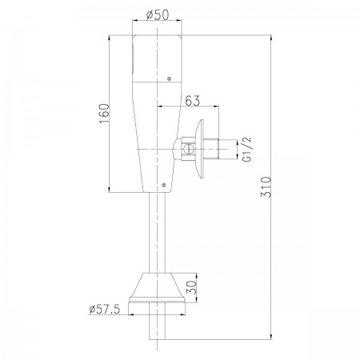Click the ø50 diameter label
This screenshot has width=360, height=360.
click(158, 15)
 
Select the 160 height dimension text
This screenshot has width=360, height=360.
click(104, 114)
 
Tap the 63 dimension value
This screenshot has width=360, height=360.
click(192, 101)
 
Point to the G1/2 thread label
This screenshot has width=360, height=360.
click(247, 149)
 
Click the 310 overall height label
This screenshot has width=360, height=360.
click(266, 186)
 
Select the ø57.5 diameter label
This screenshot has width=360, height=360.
click(105, 310)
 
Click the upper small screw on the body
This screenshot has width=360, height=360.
click(169, 78)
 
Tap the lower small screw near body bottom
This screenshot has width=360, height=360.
click(164, 184)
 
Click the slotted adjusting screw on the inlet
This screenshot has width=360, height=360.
click(188, 149)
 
